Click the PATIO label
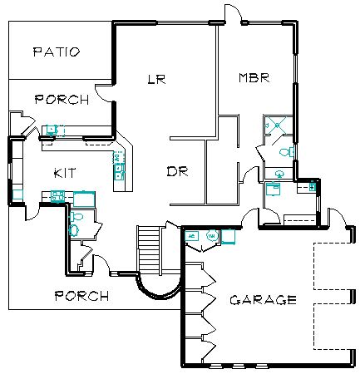(x=57, y=52)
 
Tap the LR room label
(x=156, y=79)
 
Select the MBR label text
(x=254, y=77)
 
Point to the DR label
(x=178, y=171)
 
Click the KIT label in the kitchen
(x=65, y=173)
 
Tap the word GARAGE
(x=264, y=300)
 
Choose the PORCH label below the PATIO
(x=62, y=100)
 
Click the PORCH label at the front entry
(x=81, y=296)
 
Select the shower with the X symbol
(x=277, y=125)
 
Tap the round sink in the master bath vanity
(x=279, y=174)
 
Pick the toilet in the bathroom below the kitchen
(x=76, y=217)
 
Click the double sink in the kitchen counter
(x=119, y=172)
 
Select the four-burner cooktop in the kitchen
(x=57, y=196)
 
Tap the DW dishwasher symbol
(x=117, y=158)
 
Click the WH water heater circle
(x=212, y=236)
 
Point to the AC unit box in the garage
(x=191, y=236)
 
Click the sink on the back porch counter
(x=52, y=130)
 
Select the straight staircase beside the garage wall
(x=149, y=249)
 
